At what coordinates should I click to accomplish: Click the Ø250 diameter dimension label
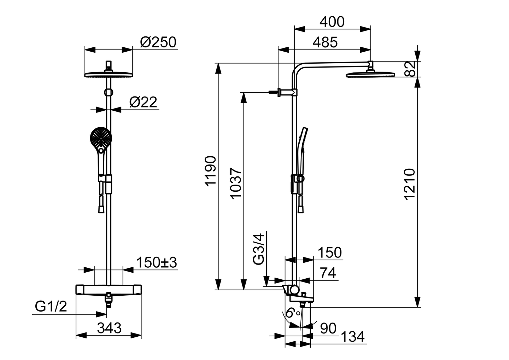tap(158, 42)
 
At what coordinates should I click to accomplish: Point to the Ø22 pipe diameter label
tap(143, 102)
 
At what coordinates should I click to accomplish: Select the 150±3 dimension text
tap(157, 263)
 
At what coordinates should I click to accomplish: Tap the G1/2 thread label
tap(51, 307)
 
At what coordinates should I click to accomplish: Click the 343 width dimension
tap(109, 328)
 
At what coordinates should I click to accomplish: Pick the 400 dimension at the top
tap(332, 22)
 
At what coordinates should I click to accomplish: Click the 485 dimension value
tap(325, 42)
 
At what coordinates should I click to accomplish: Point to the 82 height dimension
tap(409, 69)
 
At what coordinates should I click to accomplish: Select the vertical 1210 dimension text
tap(410, 184)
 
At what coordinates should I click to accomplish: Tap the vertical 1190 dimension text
tap(211, 170)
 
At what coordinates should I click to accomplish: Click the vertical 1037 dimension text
tap(236, 183)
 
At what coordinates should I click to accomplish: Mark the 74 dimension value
tap(328, 273)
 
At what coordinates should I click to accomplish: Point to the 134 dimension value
tap(352, 337)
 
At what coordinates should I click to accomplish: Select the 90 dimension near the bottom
tap(328, 328)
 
